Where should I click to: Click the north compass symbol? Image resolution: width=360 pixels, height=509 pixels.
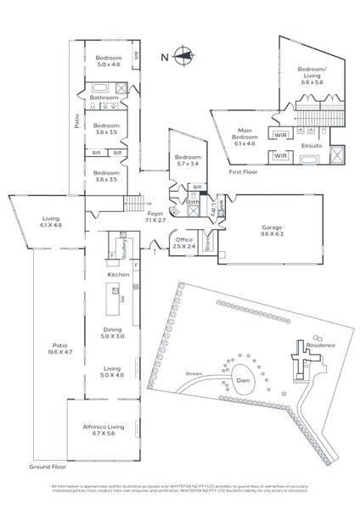coord(181,58)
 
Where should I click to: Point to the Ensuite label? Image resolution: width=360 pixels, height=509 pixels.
coord(312,146)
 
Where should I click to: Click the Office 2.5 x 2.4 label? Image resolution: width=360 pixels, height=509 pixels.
coord(184,243)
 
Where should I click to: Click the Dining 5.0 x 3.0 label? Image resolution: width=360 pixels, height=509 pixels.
coord(113,334)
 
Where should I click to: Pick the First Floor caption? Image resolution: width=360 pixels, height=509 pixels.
coord(243,172)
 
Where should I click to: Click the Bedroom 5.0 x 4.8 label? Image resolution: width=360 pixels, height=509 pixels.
coord(108,60)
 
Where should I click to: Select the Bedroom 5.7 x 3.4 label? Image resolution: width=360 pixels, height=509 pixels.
coord(187,160)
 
